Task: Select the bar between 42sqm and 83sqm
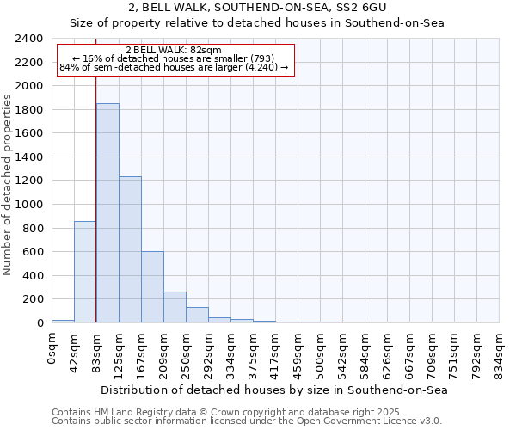click(85, 272)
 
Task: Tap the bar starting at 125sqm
click(130, 249)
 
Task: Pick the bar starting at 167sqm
click(152, 287)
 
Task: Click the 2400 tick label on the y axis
click(29, 39)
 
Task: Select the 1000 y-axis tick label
click(29, 205)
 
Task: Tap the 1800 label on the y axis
click(29, 110)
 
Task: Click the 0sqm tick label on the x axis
click(52, 346)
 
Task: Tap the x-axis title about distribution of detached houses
click(275, 390)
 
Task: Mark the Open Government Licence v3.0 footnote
click(247, 421)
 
